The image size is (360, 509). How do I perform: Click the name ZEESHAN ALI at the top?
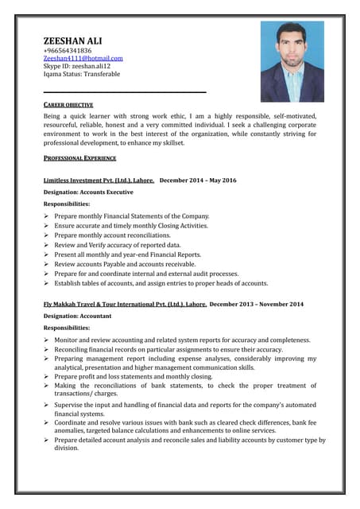pos(72,40)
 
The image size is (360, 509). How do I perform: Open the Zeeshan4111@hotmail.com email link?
pos(83,58)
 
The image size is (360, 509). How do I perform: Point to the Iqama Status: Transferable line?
pos(82,74)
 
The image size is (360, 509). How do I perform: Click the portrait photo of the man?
pos(292,61)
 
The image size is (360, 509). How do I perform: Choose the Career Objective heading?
pos(68,105)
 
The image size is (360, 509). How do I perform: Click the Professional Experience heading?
pos(79,158)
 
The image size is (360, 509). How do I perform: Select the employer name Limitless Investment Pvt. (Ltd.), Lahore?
pos(99,181)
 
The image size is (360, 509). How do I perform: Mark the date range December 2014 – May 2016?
pos(198,181)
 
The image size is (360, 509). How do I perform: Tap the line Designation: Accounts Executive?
pos(88,192)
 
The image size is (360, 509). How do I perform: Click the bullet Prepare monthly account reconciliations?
pos(119,235)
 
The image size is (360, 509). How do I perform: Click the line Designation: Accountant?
pos(77,316)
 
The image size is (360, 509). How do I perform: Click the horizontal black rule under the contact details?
pos(125,92)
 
